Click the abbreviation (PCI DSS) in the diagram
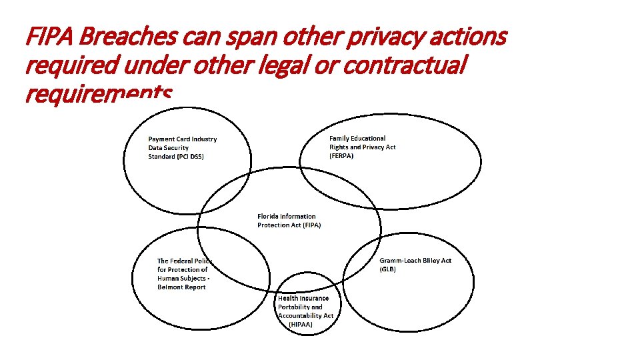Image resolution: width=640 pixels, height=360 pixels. (176, 157)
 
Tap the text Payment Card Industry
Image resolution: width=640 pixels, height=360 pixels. (182, 139)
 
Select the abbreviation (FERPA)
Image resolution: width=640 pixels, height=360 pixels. (341, 155)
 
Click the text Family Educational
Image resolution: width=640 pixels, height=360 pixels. (357, 138)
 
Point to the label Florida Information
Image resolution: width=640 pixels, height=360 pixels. (287, 216)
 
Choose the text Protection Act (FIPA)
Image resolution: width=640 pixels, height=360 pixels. (289, 225)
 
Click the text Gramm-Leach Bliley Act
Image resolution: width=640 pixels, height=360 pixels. (415, 260)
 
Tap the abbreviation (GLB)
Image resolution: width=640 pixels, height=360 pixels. (388, 269)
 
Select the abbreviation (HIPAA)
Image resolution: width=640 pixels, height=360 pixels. (301, 324)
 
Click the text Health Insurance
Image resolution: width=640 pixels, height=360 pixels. (303, 298)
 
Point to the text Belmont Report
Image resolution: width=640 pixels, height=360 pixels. (181, 287)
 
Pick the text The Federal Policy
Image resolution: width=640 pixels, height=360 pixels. (185, 261)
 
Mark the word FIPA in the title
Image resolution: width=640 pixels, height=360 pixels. (44, 37)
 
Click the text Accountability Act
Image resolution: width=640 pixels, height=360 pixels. (305, 315)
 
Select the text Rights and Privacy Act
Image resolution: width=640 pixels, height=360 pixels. (362, 147)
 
